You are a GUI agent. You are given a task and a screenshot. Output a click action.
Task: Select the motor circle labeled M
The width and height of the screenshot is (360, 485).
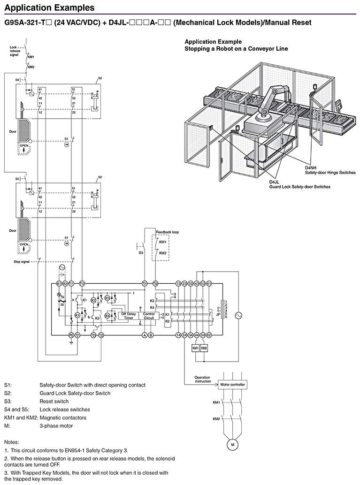click(231, 443)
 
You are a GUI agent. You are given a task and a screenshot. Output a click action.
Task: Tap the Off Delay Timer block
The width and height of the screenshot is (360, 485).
click(128, 316)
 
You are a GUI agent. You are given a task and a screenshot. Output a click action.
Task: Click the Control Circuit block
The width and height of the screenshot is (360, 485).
click(149, 316)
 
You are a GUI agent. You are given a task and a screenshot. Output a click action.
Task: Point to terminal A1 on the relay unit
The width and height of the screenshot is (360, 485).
click(59, 284)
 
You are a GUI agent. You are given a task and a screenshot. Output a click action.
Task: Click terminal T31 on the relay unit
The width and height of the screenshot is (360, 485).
click(145, 284)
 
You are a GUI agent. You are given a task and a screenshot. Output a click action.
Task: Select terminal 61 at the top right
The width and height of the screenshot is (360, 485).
click(209, 284)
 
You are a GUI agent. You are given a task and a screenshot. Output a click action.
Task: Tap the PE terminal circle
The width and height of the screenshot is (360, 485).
click(71, 335)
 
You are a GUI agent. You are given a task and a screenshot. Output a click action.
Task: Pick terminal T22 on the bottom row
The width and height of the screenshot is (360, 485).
click(101, 335)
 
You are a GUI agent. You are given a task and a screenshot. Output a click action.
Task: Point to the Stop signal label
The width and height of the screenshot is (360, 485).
click(22, 262)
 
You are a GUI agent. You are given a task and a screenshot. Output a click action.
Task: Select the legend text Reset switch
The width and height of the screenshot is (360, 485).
click(54, 402)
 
